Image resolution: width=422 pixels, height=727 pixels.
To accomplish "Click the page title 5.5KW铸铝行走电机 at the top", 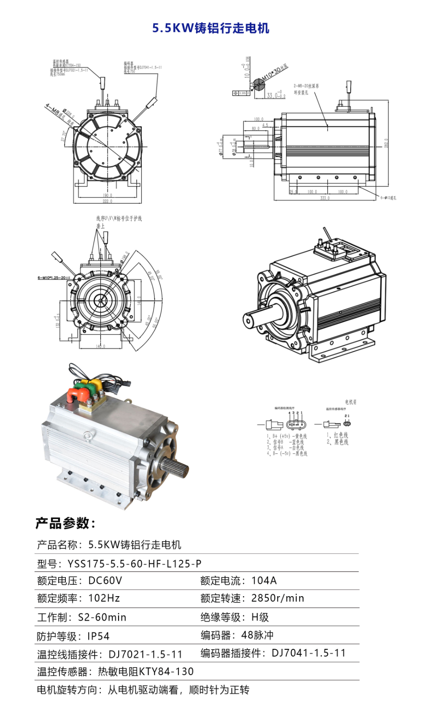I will point(211,28).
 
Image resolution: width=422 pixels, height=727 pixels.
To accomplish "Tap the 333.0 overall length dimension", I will point(324,198).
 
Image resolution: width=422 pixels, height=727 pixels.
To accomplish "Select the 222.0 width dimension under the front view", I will point(107,201).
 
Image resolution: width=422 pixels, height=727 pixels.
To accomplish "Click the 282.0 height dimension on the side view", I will point(387,143).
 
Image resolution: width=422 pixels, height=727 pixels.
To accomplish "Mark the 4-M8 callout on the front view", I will point(52,109).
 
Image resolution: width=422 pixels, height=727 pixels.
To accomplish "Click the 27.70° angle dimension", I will point(64,135).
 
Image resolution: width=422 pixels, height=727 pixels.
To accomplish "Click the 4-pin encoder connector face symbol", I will point(296,425).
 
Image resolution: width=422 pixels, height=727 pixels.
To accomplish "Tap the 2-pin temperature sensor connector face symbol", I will point(347,423).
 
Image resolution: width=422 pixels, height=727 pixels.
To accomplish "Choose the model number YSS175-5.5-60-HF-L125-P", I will point(134,564).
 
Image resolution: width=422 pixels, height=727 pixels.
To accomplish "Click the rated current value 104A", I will point(264,581).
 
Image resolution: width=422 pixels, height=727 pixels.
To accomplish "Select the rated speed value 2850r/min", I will point(278,598).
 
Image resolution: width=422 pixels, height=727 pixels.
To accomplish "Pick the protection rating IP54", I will point(98,636).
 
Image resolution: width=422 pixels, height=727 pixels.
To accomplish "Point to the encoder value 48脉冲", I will point(257,635).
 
